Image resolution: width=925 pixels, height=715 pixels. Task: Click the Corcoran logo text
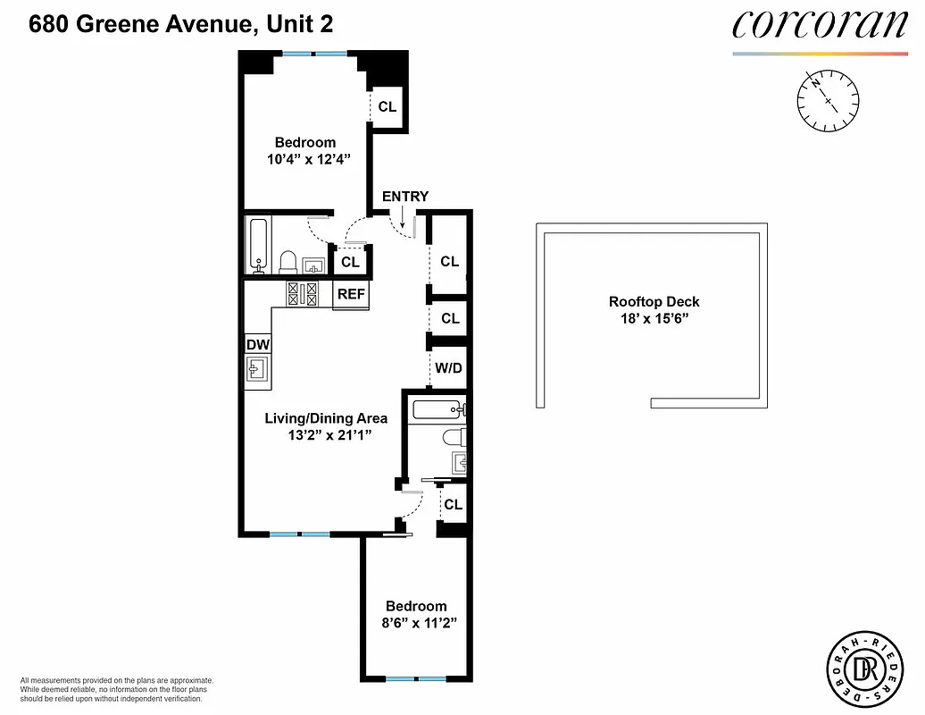[819, 26]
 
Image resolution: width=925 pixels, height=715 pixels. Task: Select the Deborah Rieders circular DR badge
[862, 666]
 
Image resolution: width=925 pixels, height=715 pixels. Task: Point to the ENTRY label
[405, 197]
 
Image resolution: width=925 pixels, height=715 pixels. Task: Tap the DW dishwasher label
[257, 344]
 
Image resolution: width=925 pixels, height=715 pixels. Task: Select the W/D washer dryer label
[448, 367]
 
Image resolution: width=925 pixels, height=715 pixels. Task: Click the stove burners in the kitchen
[303, 293]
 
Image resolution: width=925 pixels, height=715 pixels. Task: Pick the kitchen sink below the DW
[258, 370]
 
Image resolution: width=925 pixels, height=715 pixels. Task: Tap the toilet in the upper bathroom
[288, 262]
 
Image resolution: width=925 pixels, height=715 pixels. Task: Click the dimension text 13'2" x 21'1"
[326, 435]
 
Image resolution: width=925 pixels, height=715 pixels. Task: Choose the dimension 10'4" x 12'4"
[304, 160]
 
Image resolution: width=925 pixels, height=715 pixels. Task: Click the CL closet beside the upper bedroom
[387, 106]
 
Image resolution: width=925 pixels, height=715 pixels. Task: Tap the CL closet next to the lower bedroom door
[453, 505]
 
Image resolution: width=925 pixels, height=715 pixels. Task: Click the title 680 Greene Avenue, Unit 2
[181, 24]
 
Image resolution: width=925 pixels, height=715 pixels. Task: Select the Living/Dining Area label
[326, 418]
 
